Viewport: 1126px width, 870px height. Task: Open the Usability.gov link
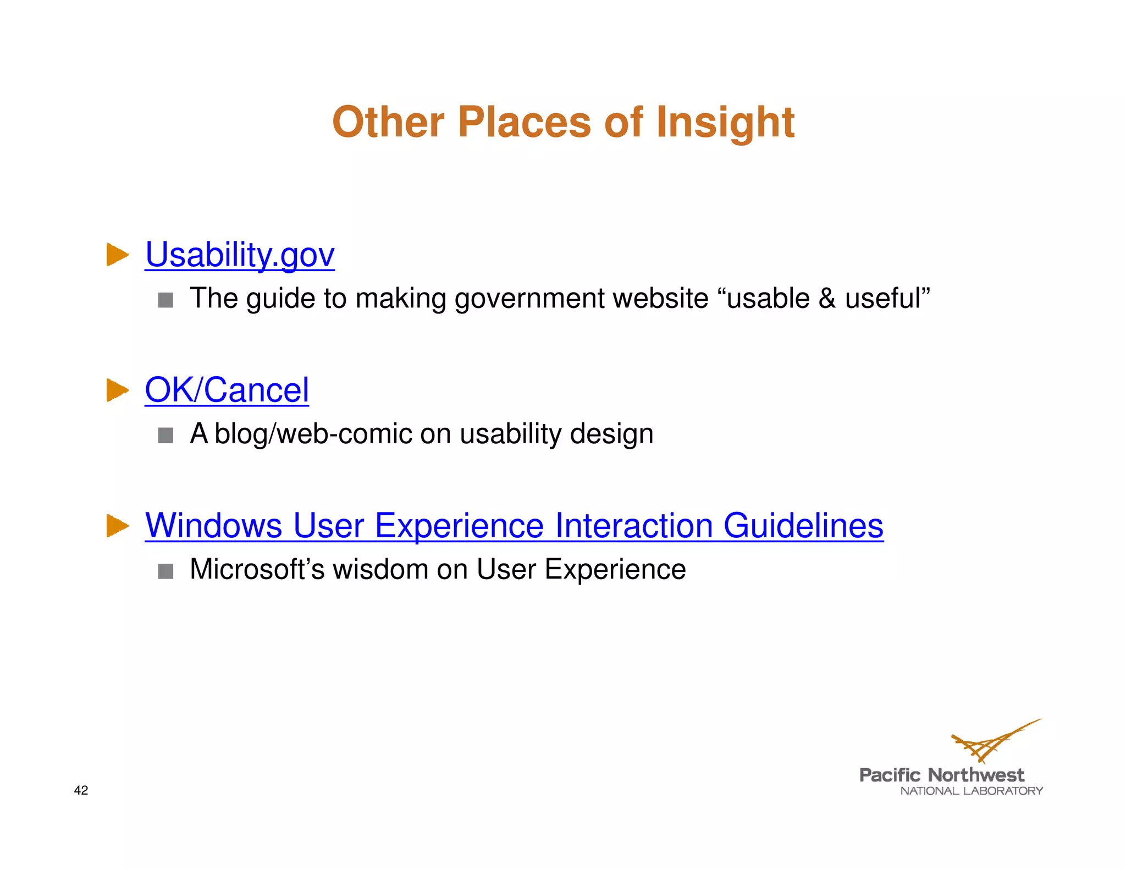[x=240, y=255]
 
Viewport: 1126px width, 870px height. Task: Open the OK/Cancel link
[x=227, y=390]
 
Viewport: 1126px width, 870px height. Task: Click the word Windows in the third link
[x=213, y=525]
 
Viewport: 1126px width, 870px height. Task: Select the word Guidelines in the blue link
[x=803, y=525]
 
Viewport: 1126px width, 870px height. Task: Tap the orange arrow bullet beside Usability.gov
[x=117, y=255]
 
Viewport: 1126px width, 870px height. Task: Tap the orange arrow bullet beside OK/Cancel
[x=117, y=390]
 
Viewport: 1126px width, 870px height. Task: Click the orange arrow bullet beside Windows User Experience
[x=117, y=526]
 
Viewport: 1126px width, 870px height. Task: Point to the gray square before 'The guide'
[x=165, y=300]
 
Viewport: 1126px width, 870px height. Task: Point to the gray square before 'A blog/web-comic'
[x=165, y=436]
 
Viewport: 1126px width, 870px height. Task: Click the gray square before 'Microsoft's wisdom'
[x=165, y=571]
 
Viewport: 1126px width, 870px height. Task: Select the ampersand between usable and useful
[x=827, y=299]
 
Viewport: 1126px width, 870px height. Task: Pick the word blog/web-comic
[x=313, y=434]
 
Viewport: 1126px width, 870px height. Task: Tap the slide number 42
[x=81, y=790]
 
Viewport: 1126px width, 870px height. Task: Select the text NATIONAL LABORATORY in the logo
[x=971, y=791]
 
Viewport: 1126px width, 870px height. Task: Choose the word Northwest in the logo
[x=975, y=775]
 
